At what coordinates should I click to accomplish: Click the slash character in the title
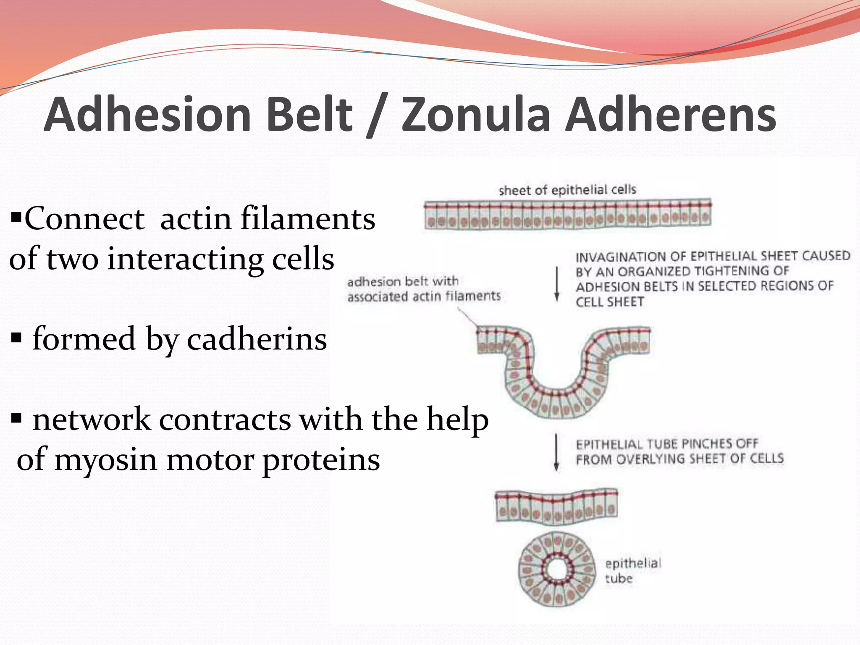coord(376,116)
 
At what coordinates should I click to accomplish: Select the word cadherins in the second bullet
coord(257,339)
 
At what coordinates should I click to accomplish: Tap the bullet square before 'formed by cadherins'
coord(16,338)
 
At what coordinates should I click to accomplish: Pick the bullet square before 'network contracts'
coord(16,418)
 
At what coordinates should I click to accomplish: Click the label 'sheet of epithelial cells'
coord(567,190)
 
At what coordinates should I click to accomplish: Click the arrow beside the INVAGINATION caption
coord(557,284)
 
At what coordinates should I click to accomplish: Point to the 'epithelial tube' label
coord(632,570)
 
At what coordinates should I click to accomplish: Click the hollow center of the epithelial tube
coord(557,570)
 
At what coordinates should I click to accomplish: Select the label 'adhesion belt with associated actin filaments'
coord(423,289)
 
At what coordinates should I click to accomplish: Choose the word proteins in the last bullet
coord(321,460)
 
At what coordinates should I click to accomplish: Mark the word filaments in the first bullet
coord(308,219)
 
